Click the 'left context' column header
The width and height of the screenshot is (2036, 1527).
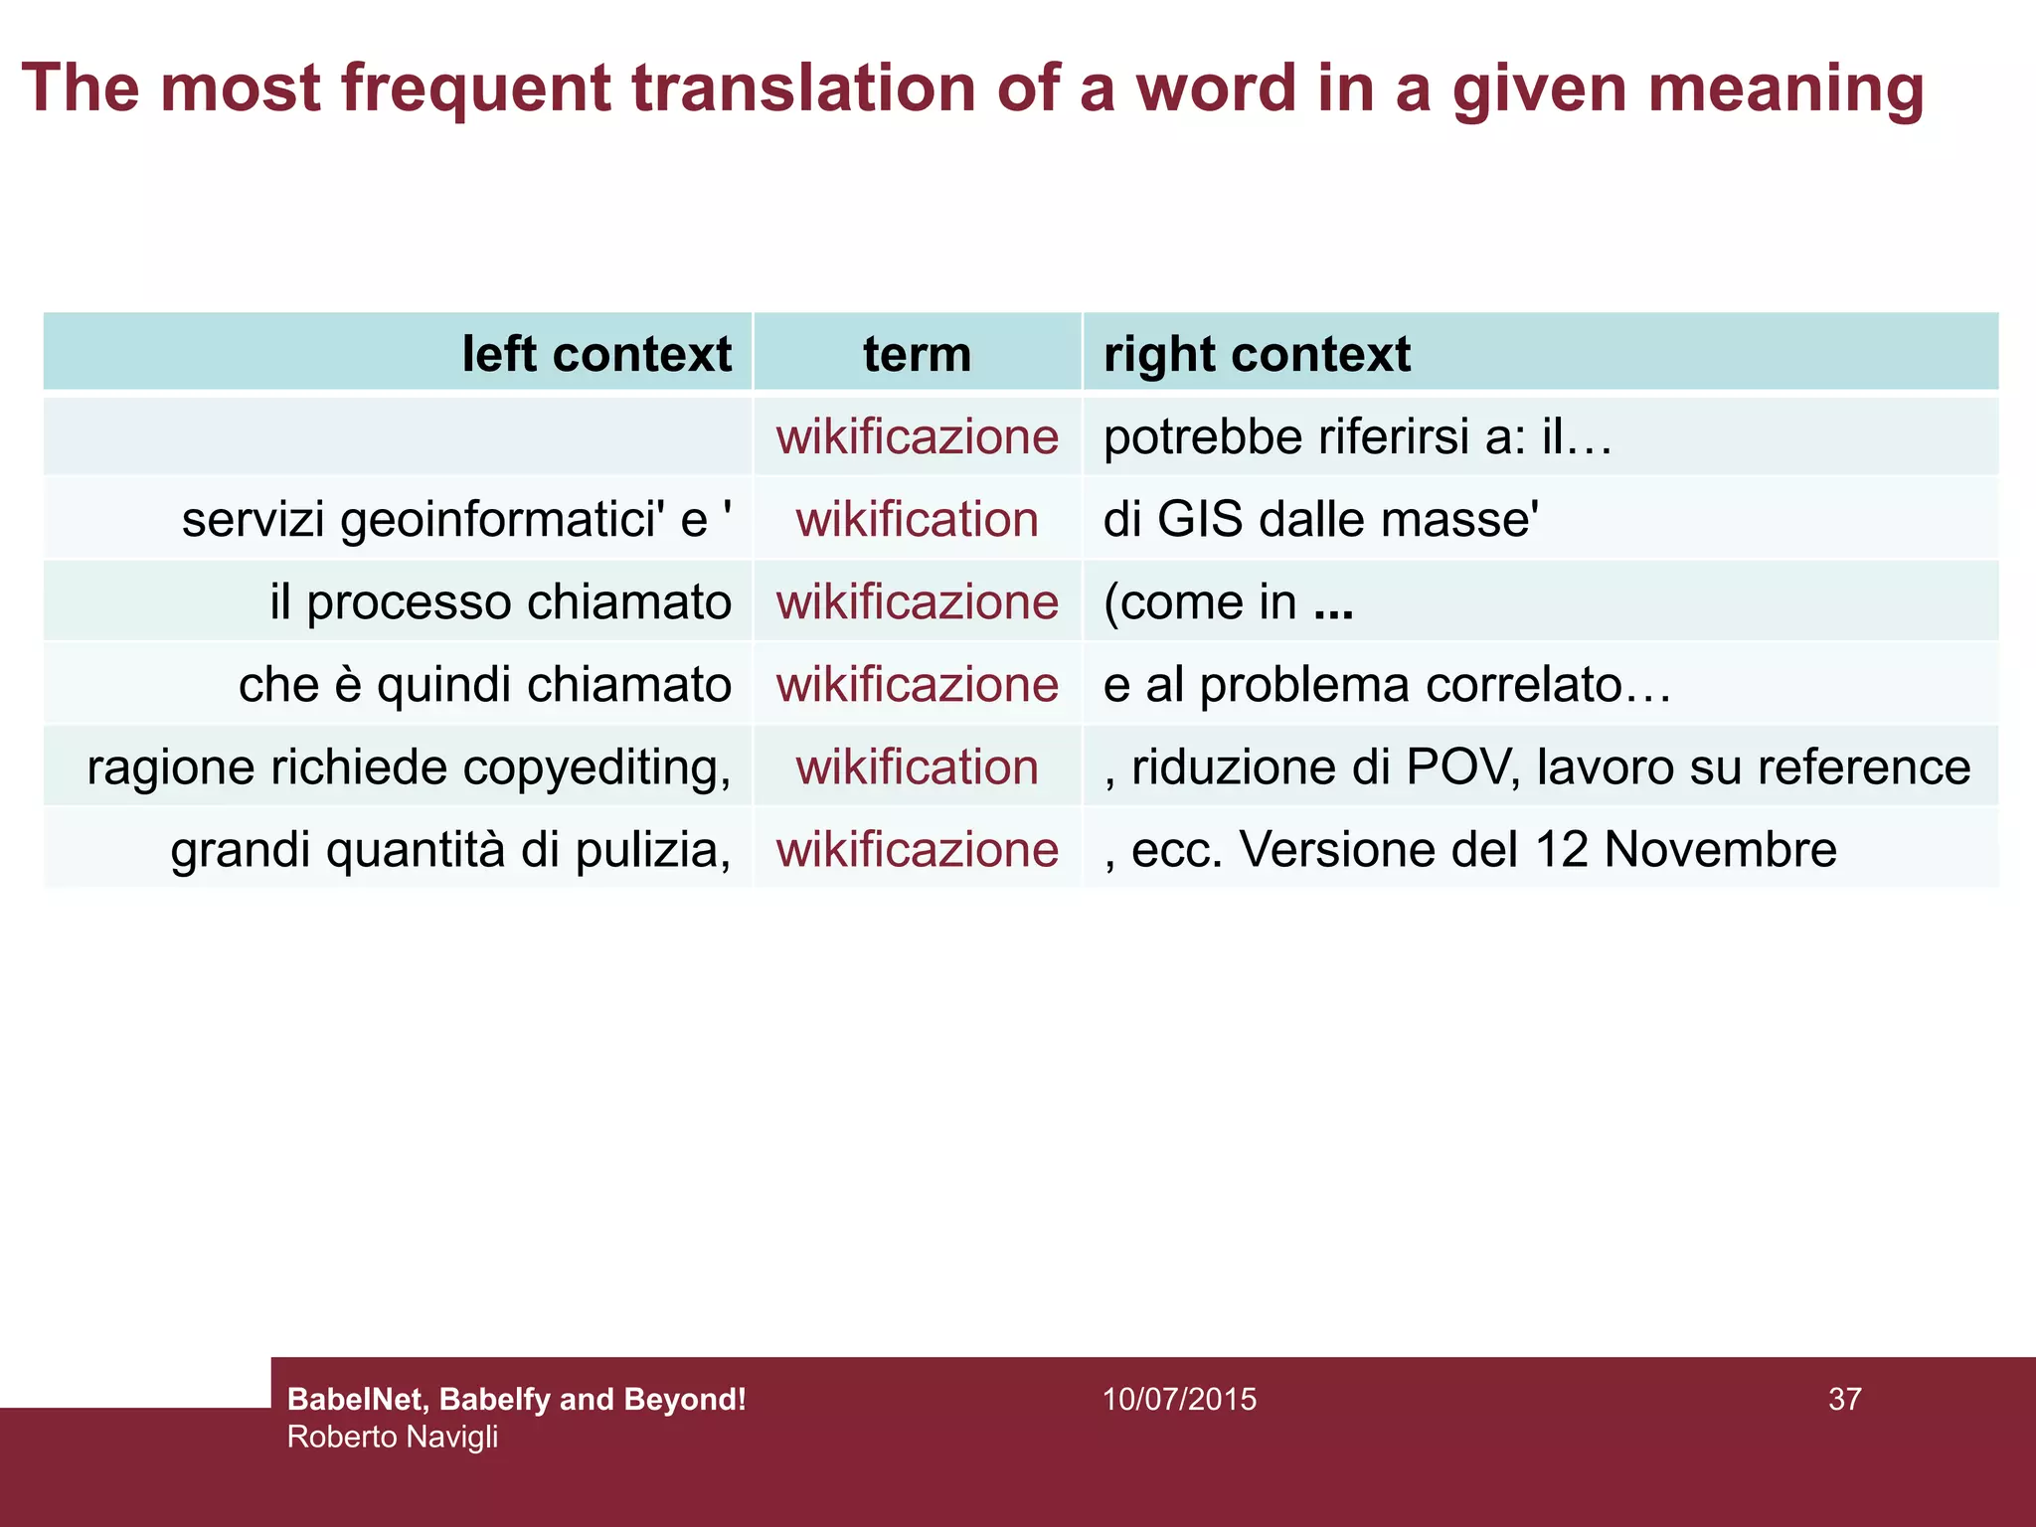tap(596, 354)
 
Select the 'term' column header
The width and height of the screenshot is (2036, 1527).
tap(917, 354)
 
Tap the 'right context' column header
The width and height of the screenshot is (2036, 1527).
tap(1257, 354)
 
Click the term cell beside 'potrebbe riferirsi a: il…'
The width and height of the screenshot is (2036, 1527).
tap(917, 437)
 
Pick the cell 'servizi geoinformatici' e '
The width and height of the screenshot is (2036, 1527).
tap(457, 520)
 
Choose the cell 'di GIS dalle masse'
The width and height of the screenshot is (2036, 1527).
tap(1321, 520)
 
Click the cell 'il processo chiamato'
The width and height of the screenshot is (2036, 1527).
tap(501, 602)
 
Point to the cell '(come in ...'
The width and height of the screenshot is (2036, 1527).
tap(1229, 602)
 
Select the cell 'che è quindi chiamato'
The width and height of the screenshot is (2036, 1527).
tap(485, 685)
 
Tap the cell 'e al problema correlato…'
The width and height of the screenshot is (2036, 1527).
tap(1387, 685)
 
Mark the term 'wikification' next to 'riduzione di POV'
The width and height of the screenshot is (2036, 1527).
tap(917, 767)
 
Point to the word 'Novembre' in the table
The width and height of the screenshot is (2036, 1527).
tap(1720, 850)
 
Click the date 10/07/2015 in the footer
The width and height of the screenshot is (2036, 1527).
tap(1179, 1400)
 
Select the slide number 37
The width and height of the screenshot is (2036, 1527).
tap(1844, 1400)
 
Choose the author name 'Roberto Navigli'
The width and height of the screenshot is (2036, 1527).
tap(393, 1438)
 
